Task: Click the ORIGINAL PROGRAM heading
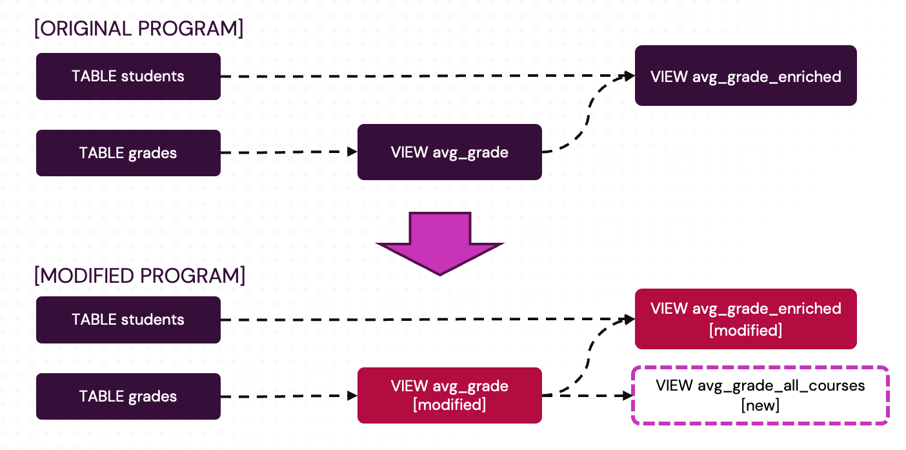click(139, 29)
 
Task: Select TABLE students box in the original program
click(128, 76)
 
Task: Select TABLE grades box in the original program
click(128, 153)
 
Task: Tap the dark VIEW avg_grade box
click(449, 152)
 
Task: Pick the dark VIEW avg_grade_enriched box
click(745, 76)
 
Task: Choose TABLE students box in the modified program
click(128, 320)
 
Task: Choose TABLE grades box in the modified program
click(128, 396)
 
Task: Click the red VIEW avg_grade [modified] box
click(449, 395)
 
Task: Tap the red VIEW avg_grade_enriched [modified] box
click(745, 319)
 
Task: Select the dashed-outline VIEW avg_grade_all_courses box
click(760, 395)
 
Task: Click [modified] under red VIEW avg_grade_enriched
click(745, 331)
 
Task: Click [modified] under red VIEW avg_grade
click(449, 405)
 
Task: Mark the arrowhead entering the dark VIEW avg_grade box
click(352, 152)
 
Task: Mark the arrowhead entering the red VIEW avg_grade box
click(352, 396)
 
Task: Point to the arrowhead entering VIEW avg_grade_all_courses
click(625, 395)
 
